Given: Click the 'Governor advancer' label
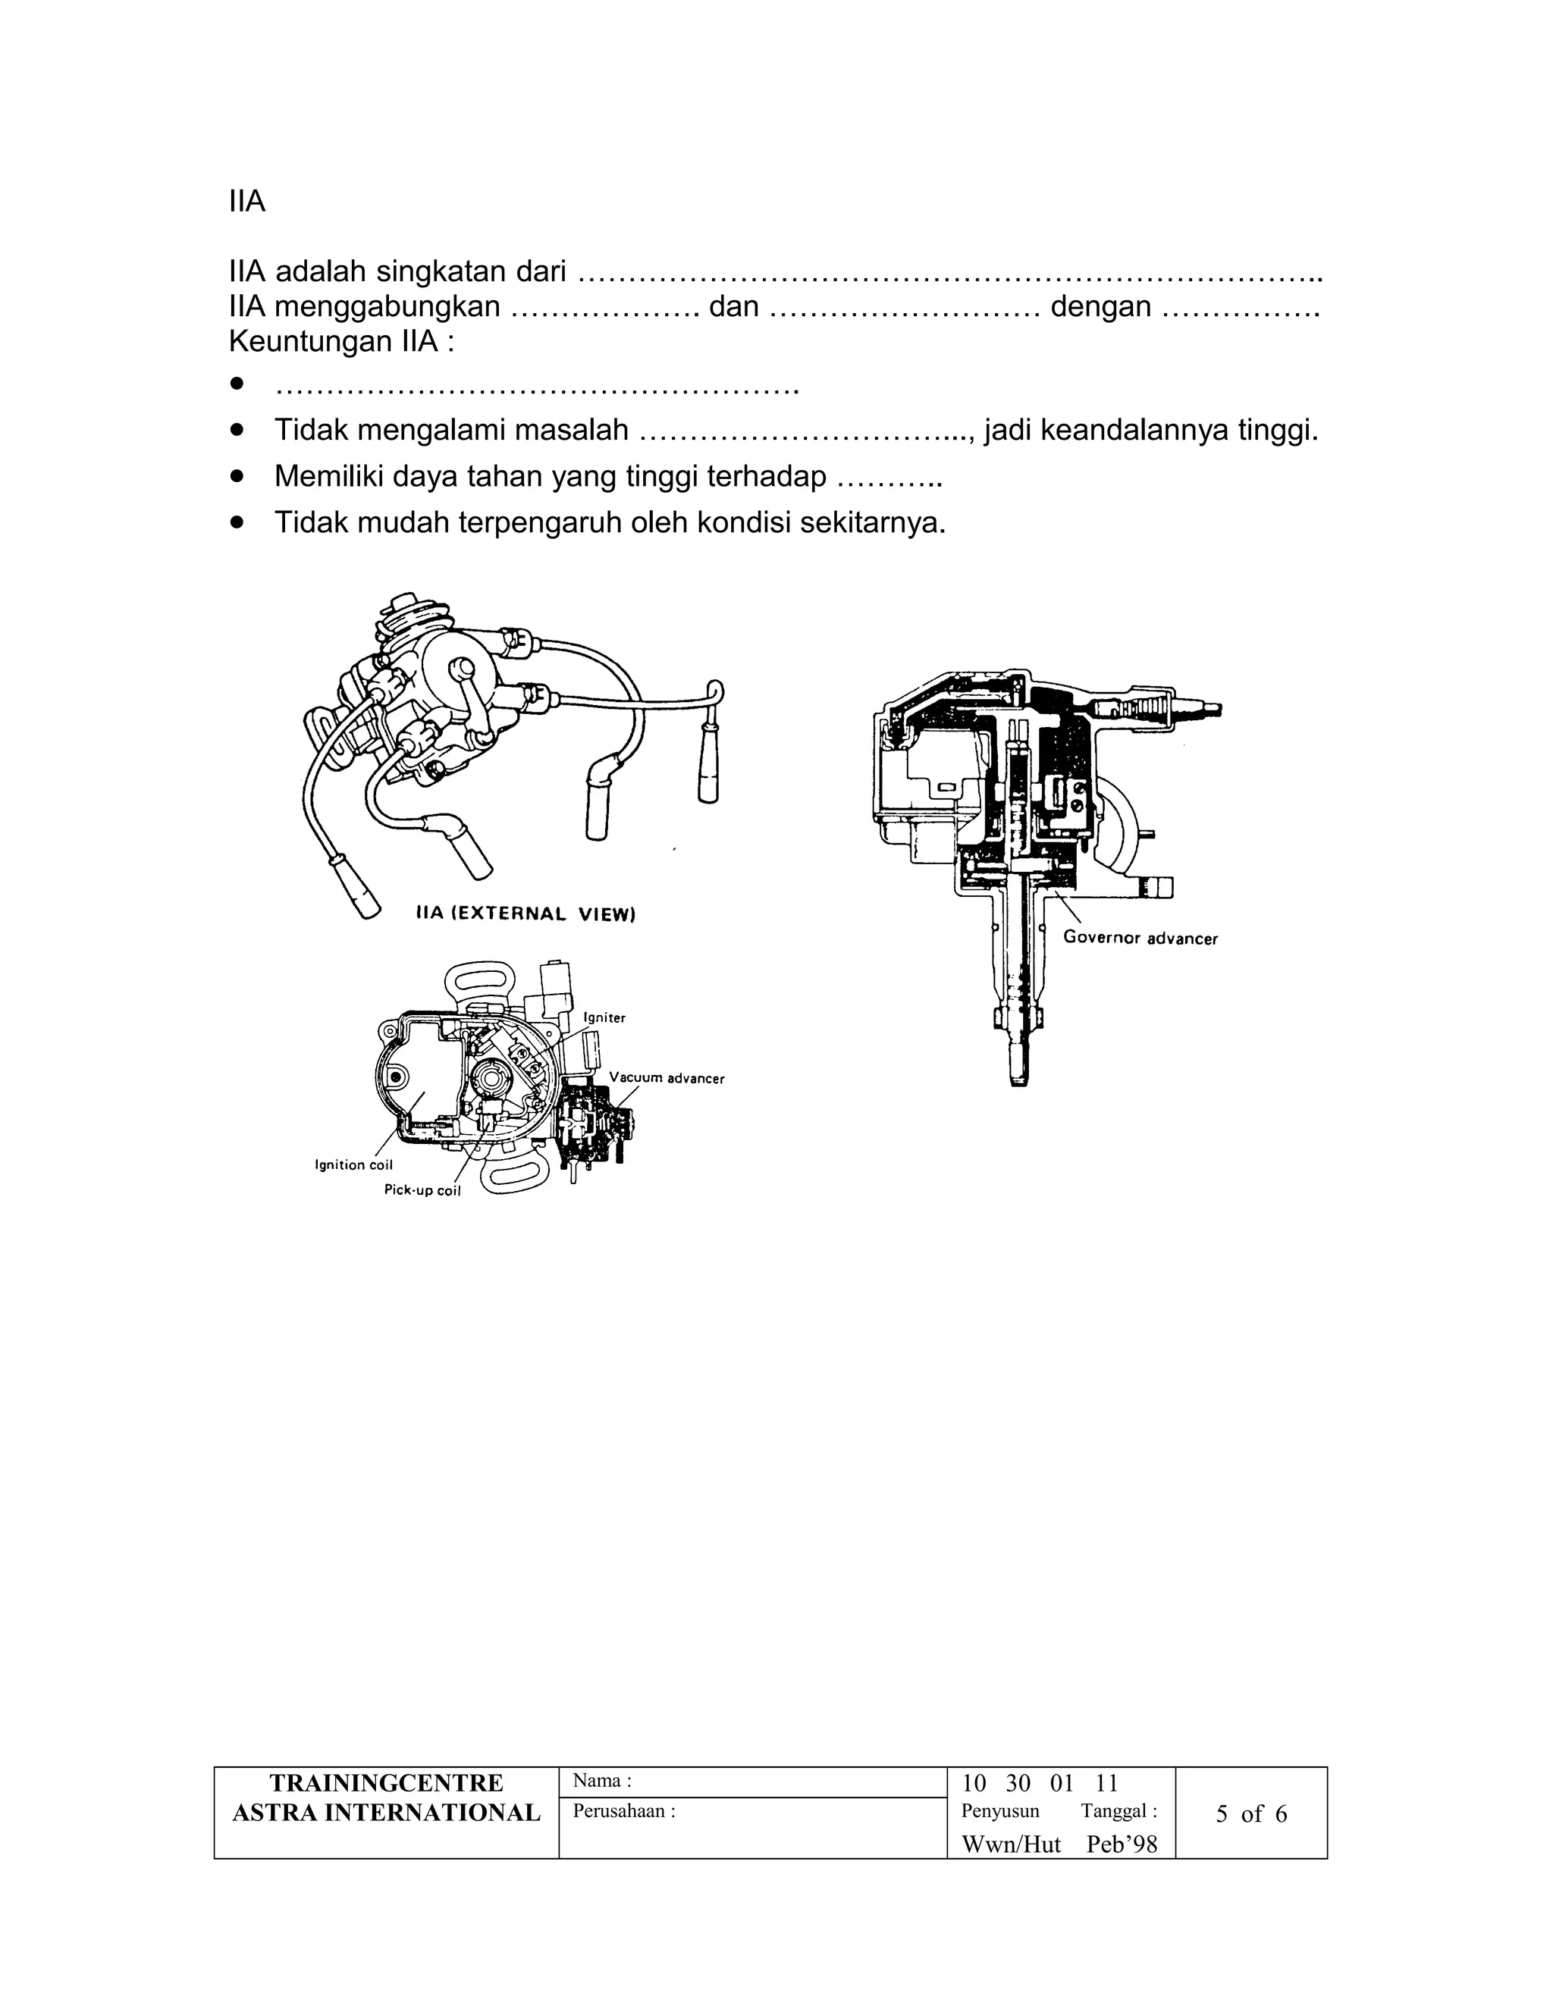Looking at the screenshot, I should click(1140, 939).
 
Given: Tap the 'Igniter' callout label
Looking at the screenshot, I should click(604, 1017).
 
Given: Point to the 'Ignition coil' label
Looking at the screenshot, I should click(353, 1164).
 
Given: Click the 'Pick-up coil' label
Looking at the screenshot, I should click(422, 1190).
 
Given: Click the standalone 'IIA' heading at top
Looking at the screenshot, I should click(246, 202).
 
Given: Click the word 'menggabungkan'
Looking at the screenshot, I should click(387, 306).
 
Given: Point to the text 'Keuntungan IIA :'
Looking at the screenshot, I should click(341, 341).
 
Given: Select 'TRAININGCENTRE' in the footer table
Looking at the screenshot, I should click(387, 1783).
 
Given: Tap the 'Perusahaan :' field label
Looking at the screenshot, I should click(624, 1810).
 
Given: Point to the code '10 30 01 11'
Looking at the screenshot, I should click(1040, 1784).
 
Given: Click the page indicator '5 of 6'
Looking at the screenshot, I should click(1251, 1813).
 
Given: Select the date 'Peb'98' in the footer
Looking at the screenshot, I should click(1122, 1844).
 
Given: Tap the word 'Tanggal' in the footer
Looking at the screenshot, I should click(1113, 1810).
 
